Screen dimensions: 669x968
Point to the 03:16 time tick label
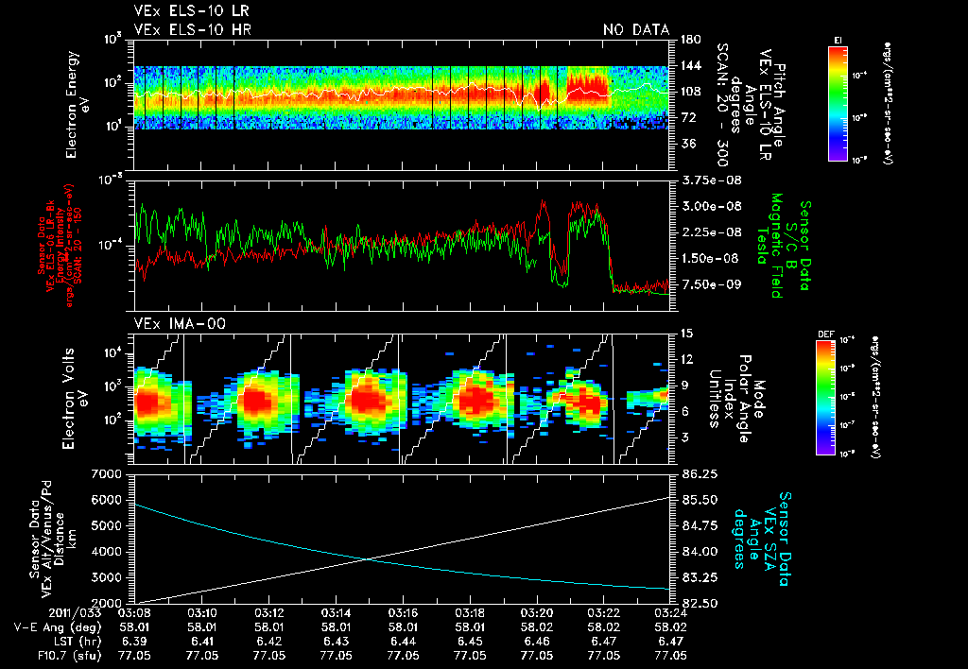point(404,612)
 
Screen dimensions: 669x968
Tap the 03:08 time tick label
point(136,612)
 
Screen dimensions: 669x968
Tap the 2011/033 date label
point(37,612)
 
